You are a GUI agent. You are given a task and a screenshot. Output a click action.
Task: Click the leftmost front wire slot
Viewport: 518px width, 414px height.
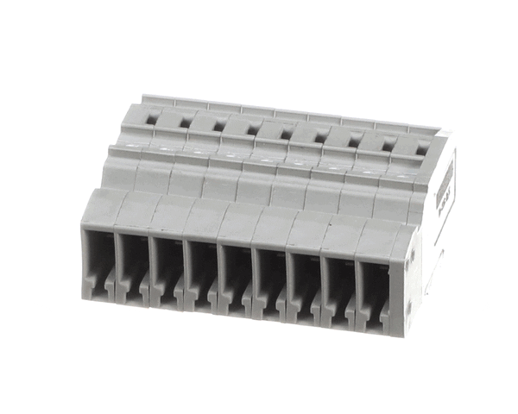[x=99, y=259]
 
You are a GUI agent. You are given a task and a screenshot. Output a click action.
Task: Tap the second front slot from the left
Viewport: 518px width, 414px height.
[x=134, y=261]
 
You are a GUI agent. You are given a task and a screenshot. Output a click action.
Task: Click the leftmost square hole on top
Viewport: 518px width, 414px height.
[x=150, y=121]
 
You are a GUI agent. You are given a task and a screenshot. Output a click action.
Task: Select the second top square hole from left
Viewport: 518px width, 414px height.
[x=184, y=123]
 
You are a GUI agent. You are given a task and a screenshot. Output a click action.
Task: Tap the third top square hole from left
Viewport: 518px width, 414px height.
[x=218, y=127]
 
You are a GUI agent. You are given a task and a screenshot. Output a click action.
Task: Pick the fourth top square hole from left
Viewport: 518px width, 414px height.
[x=251, y=130]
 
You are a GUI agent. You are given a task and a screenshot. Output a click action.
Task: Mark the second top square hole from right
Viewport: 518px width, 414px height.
[x=386, y=144]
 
